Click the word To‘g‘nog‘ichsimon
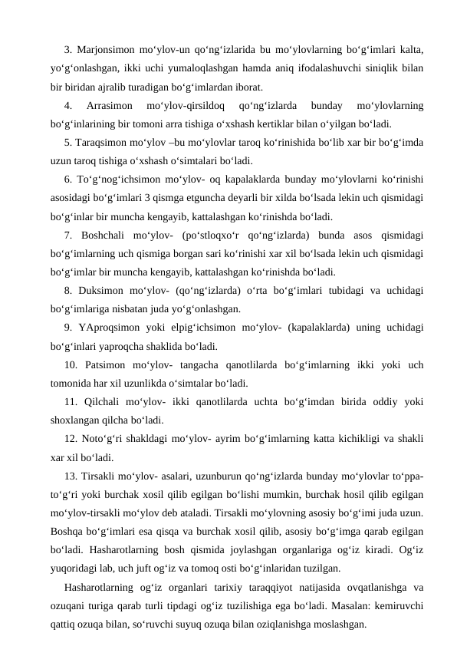(x=117, y=180)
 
